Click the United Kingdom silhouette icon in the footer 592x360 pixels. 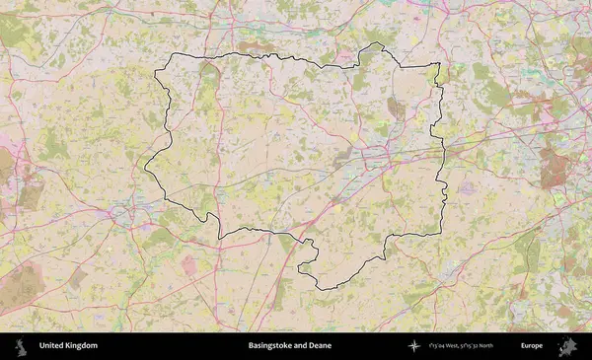click(20, 346)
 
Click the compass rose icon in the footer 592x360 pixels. click(415, 346)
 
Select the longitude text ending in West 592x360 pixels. click(447, 346)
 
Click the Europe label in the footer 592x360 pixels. click(532, 346)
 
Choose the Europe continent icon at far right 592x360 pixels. click(567, 346)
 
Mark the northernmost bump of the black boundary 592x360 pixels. click(373, 44)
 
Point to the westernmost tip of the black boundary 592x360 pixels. click(147, 166)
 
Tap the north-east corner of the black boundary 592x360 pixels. click(438, 65)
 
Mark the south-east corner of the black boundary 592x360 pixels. click(440, 234)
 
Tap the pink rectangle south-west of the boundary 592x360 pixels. click(188, 265)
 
